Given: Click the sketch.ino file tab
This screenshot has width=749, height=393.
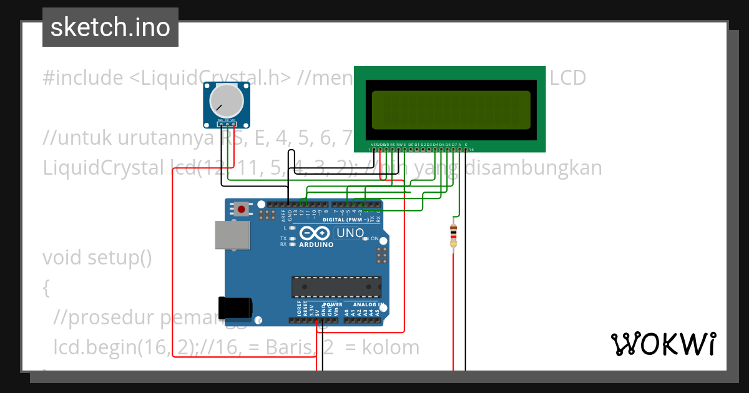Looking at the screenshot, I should tap(110, 27).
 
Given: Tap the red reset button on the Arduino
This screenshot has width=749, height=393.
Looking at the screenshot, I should tap(242, 209).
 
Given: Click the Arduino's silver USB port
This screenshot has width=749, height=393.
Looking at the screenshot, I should tap(232, 236).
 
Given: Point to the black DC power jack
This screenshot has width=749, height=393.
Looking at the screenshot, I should tap(235, 308).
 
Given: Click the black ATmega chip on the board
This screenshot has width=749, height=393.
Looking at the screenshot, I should tap(336, 286).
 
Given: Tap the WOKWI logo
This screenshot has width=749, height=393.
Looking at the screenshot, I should tap(663, 344).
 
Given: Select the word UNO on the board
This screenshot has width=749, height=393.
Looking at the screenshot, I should tap(350, 233).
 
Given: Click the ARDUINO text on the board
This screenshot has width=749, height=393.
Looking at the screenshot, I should tap(316, 245).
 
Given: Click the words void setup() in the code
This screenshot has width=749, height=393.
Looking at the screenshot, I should tap(97, 257).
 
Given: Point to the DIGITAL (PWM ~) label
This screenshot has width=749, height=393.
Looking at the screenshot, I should tap(345, 220).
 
